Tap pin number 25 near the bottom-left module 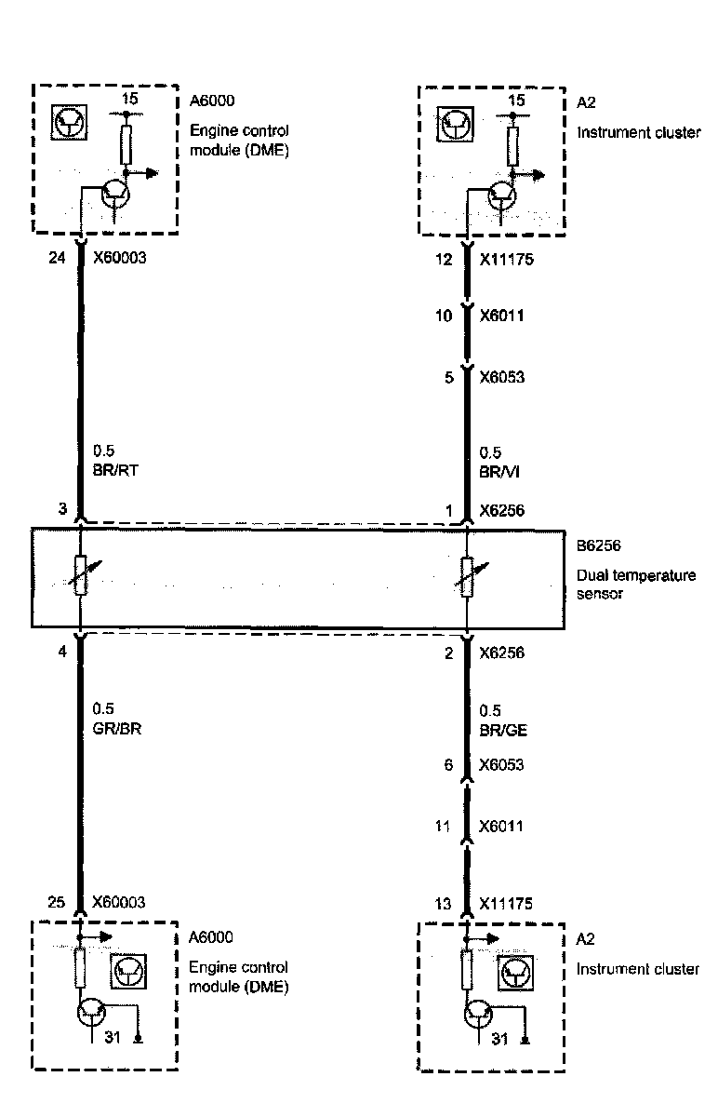[58, 903]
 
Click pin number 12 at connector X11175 [445, 259]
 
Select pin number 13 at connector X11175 [445, 904]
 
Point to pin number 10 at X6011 [445, 316]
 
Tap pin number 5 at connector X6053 [448, 378]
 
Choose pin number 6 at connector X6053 [448, 764]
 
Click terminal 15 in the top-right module [517, 100]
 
